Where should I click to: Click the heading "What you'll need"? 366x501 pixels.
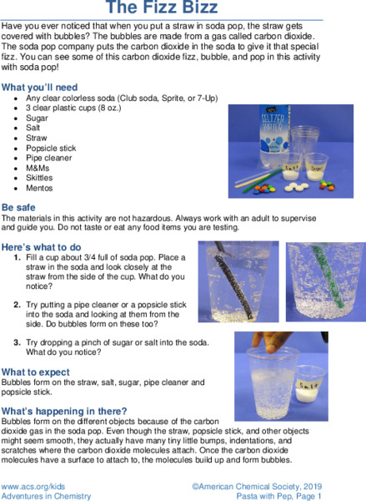40,87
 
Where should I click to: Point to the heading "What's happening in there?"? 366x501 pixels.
65,411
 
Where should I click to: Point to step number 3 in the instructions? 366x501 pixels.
18,342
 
